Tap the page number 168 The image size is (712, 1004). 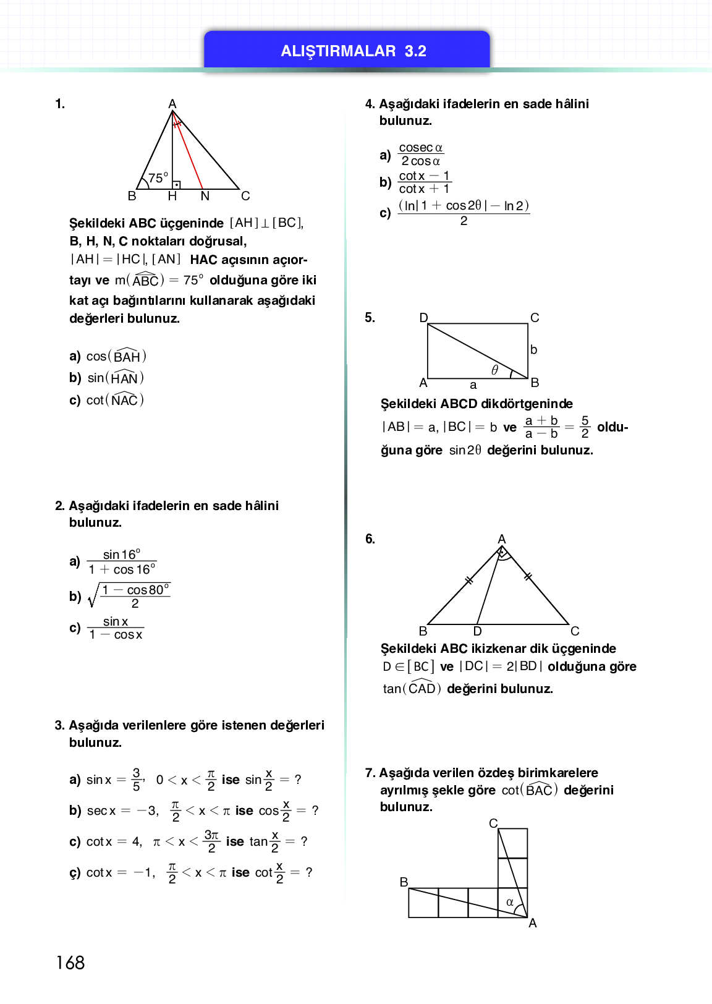pyautogui.click(x=70, y=963)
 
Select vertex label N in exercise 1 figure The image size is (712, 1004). pyautogui.click(x=205, y=197)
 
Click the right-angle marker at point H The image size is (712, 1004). pyautogui.click(x=176, y=184)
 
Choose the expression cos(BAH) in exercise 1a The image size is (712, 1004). pyautogui.click(x=116, y=356)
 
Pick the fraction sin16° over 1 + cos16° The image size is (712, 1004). pyautogui.click(x=122, y=562)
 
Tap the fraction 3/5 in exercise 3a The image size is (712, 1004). pyautogui.click(x=137, y=780)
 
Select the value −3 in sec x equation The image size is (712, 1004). pyautogui.click(x=146, y=810)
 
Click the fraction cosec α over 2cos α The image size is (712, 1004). pyautogui.click(x=420, y=155)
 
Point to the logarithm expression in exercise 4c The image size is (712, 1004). pyautogui.click(x=464, y=213)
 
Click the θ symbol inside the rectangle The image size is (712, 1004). pyautogui.click(x=494, y=370)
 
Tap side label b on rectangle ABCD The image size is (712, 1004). pyautogui.click(x=533, y=350)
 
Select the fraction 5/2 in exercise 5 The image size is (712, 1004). pyautogui.click(x=585, y=427)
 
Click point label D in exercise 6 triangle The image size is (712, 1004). pyautogui.click(x=477, y=631)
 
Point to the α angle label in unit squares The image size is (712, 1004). pyautogui.click(x=510, y=902)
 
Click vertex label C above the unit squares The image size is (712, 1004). pyautogui.click(x=493, y=823)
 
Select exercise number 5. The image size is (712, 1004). pyautogui.click(x=370, y=318)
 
